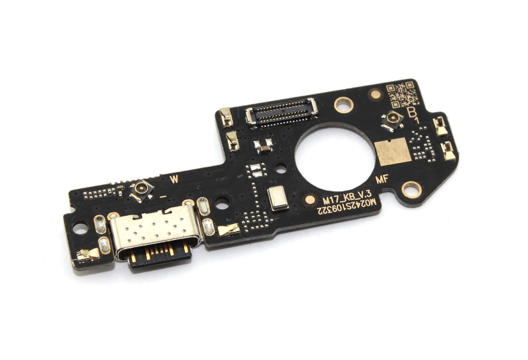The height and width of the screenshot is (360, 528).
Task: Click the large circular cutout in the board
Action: click(335, 156)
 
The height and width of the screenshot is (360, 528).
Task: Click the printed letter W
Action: click(174, 180)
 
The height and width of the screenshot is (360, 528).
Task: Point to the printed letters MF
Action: click(382, 180)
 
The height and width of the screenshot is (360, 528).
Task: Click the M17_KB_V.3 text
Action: click(347, 198)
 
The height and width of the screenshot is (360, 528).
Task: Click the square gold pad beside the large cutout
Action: click(393, 151)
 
